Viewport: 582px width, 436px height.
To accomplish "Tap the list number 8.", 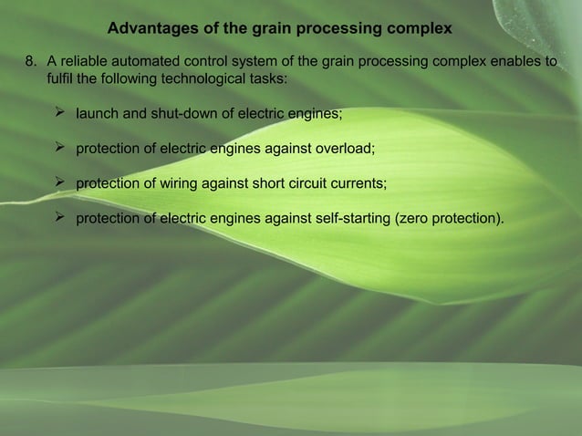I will (29, 62).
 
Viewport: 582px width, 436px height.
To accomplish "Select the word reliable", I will (87, 62).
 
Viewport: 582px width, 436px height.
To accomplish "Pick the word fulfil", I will (59, 79).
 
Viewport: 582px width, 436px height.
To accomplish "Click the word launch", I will (98, 115).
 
